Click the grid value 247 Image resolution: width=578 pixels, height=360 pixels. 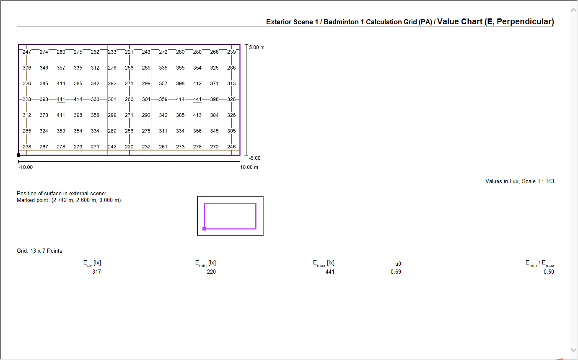coord(27,52)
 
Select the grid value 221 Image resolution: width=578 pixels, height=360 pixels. coord(129,52)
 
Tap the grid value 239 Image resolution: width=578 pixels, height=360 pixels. coord(231,52)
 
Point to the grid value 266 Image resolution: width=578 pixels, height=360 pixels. coord(129,99)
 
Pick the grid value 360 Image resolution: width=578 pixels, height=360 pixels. coord(95,99)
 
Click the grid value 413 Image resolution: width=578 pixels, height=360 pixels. coord(197,115)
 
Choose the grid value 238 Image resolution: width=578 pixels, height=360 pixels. coord(27,147)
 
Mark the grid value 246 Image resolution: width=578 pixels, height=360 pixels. coord(231,147)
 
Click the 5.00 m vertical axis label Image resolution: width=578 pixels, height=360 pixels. coord(257,47)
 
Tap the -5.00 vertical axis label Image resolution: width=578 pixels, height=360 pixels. coord(255,158)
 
